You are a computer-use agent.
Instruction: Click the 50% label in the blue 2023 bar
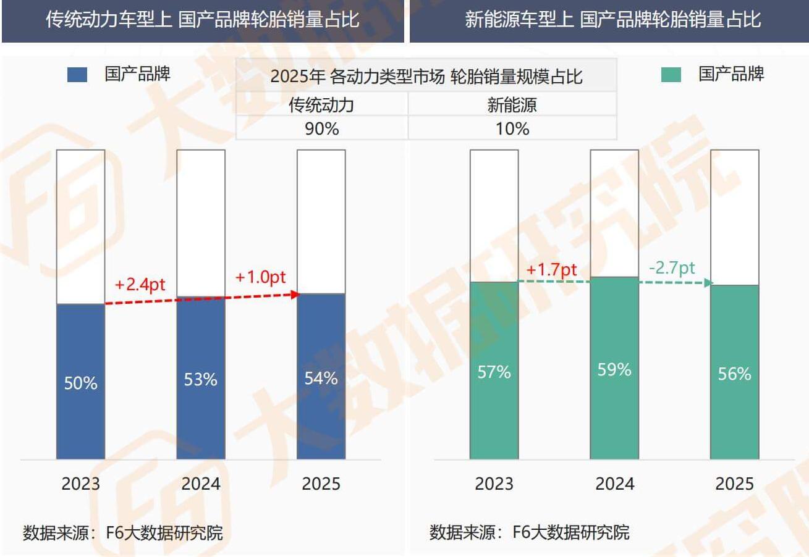point(81,383)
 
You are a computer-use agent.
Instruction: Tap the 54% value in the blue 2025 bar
point(321,378)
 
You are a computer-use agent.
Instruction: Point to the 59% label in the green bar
point(614,369)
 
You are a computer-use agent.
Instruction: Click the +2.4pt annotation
point(140,285)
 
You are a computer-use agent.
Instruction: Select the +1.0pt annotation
point(261,277)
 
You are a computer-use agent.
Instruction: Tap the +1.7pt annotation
point(551,270)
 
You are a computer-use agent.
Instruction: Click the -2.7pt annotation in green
point(672,268)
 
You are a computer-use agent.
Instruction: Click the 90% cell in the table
point(322,128)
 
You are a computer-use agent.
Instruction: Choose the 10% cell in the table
point(512,128)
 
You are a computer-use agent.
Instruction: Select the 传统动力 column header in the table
point(322,105)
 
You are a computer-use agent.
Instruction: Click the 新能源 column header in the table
point(512,105)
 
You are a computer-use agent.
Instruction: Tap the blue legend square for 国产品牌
point(78,75)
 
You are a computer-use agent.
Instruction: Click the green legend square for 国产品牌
point(671,75)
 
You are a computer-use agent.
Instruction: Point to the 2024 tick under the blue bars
point(201,484)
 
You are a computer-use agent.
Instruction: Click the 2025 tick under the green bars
point(734,484)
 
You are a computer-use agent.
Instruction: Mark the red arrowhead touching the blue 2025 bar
point(295,295)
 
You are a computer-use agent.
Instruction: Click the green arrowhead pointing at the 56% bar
point(708,283)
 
